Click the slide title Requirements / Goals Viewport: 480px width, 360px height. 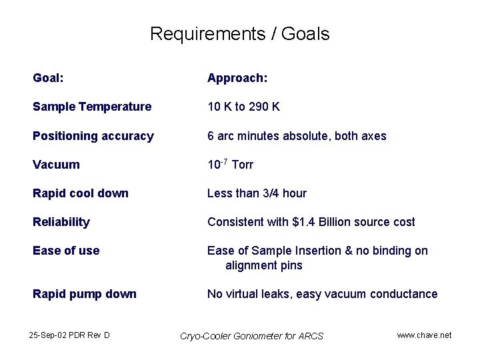[x=239, y=34]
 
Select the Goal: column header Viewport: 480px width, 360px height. [x=49, y=79]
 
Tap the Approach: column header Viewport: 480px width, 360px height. [x=237, y=79]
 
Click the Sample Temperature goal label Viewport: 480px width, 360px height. [x=92, y=107]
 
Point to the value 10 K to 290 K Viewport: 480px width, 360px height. [x=243, y=107]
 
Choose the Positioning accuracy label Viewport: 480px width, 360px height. [x=93, y=136]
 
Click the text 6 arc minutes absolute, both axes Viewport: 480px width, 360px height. [x=297, y=136]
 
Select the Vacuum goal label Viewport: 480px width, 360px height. [x=56, y=165]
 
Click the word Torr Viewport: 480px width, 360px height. [x=242, y=165]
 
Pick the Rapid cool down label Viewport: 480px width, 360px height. [x=81, y=193]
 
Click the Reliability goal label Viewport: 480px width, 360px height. [x=61, y=222]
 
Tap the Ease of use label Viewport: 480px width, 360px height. [x=66, y=251]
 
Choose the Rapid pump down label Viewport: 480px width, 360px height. [x=85, y=294]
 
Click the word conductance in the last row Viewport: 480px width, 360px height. [x=404, y=294]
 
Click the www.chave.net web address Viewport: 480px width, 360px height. [x=424, y=335]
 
